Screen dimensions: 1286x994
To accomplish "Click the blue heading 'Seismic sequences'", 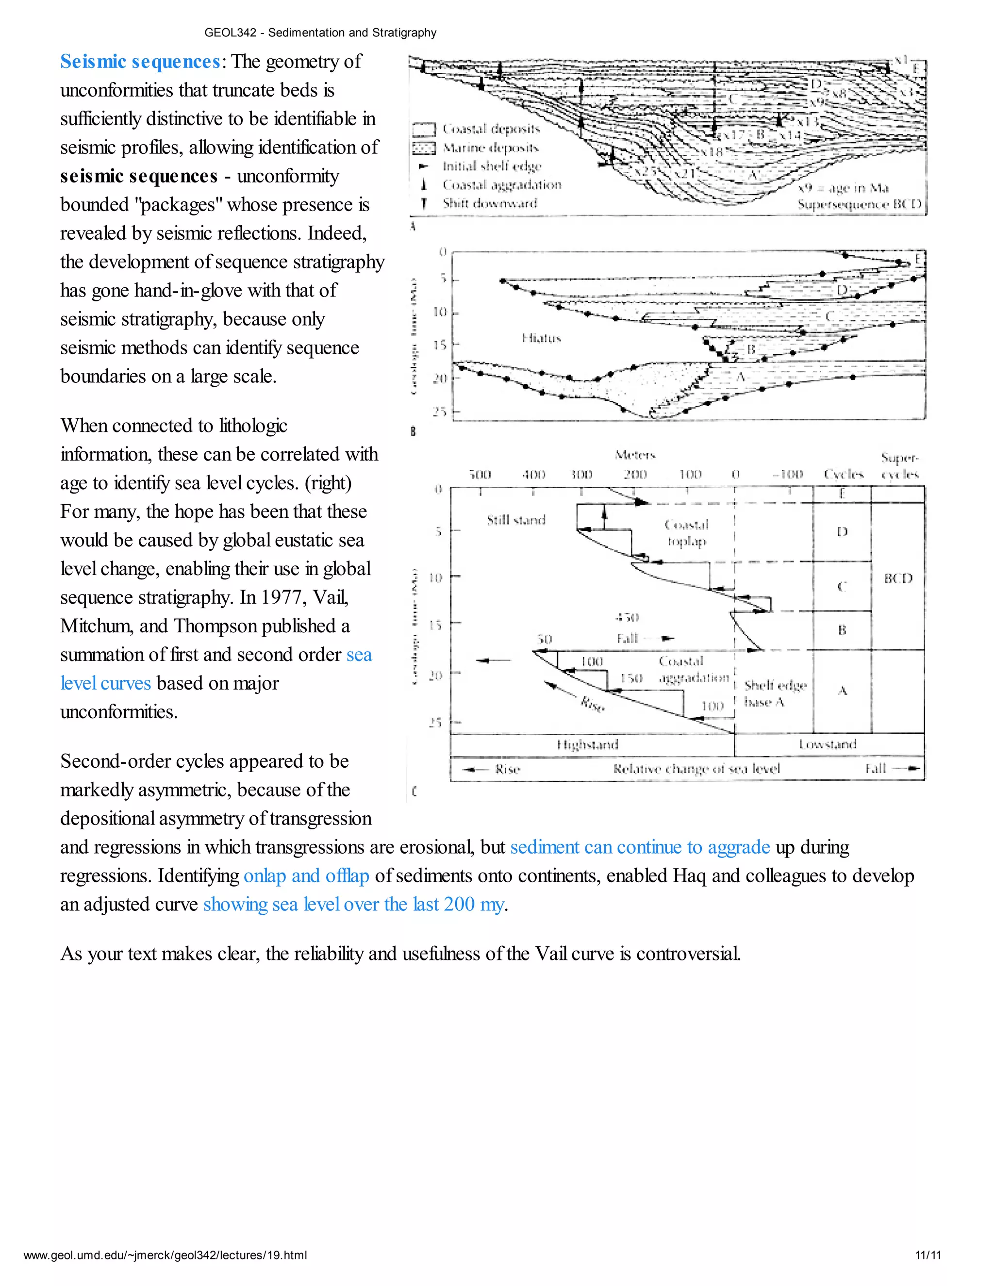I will click(140, 62).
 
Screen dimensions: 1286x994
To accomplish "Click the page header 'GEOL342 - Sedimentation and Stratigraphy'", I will click(320, 33).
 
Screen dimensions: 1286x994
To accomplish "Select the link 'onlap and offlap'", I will click(306, 875).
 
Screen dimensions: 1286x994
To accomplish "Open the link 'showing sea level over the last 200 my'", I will click(353, 904).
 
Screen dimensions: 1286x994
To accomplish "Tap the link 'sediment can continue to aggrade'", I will click(640, 847).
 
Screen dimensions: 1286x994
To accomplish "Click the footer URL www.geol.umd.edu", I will click(165, 1255).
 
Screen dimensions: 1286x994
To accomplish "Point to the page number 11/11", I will click(928, 1255).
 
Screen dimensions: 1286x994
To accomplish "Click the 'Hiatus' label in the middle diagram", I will click(541, 338).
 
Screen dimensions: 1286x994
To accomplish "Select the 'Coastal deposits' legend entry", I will click(491, 129).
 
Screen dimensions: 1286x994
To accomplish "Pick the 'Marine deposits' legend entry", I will click(491, 148).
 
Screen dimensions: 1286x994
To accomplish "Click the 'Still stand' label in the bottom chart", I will click(516, 520).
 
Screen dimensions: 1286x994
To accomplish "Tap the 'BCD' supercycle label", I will click(897, 578).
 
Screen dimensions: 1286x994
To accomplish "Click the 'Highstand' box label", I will click(588, 745).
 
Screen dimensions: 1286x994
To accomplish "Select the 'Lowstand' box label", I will click(828, 744).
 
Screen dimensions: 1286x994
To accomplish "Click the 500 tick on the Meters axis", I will click(480, 475).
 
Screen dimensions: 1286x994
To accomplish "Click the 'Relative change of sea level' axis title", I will click(696, 768).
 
